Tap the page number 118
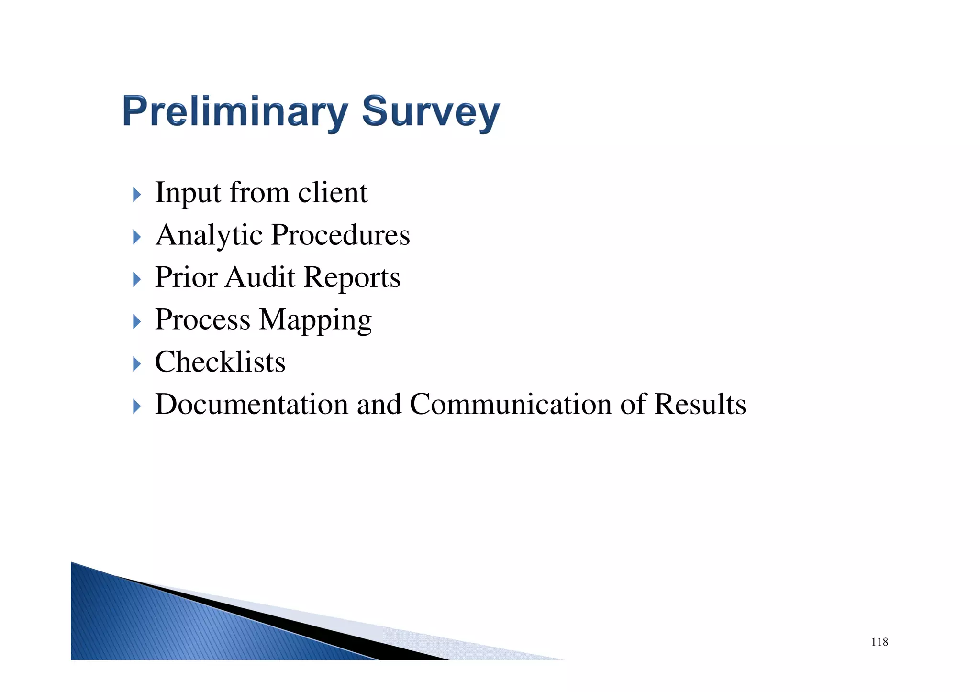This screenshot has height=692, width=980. (x=880, y=642)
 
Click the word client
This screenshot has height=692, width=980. (x=333, y=192)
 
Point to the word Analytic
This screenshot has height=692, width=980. (x=209, y=235)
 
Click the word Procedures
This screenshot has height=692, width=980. (x=340, y=235)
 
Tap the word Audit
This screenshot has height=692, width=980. (x=260, y=277)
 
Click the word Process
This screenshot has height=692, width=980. (x=202, y=319)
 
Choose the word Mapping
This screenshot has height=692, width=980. (x=315, y=320)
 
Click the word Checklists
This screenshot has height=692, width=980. (x=220, y=362)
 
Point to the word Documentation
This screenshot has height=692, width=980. (x=251, y=404)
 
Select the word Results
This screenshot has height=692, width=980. (x=700, y=404)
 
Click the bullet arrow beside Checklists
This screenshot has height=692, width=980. (x=137, y=364)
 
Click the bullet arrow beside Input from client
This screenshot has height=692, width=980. (x=137, y=195)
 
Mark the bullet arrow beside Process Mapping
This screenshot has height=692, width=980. (x=137, y=321)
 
